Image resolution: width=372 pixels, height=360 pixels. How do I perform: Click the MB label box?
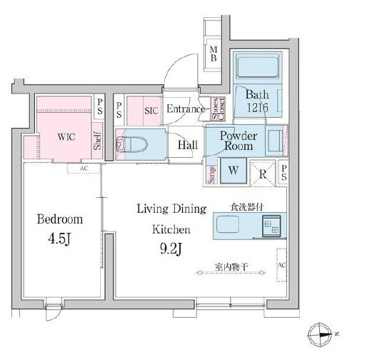pos(213,54)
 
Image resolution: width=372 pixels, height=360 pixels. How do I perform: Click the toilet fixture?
pos(135,144)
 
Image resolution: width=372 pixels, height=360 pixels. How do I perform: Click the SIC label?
pos(151,111)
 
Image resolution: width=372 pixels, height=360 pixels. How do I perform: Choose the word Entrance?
pos(186,110)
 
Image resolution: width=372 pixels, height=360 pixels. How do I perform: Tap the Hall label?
pos(188,145)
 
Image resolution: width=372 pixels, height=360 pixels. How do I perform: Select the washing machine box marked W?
pos(233,171)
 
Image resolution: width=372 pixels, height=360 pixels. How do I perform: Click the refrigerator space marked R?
pos(263,171)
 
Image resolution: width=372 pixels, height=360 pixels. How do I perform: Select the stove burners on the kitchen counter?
pos(271,227)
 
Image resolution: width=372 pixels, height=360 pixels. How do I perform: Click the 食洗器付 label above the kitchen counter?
pos(246,206)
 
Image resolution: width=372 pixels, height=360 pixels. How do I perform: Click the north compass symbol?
pos(319,334)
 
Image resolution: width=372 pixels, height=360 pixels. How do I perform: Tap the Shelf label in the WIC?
pos(96,142)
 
